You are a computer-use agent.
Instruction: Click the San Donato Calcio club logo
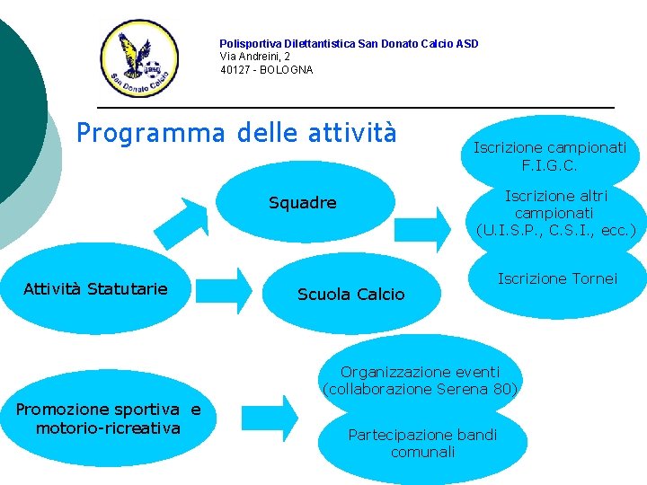(x=139, y=59)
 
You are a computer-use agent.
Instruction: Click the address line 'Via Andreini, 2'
(x=255, y=57)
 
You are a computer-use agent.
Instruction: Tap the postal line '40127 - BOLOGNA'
(x=267, y=70)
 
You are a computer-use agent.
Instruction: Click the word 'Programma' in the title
(x=151, y=133)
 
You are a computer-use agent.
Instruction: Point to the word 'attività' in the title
(x=352, y=133)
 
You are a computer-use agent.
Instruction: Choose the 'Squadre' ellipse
(x=303, y=203)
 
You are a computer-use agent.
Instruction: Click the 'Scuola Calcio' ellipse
(x=350, y=294)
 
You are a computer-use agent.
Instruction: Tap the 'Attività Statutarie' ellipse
(x=95, y=288)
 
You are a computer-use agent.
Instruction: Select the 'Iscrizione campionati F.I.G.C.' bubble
(x=550, y=156)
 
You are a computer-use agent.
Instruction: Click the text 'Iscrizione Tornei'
(x=557, y=279)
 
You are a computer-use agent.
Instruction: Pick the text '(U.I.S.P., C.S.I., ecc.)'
(x=556, y=230)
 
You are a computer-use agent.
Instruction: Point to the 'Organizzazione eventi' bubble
(x=420, y=372)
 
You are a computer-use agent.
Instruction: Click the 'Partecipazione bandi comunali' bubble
(x=422, y=443)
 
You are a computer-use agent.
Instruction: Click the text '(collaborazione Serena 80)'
(x=420, y=390)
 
